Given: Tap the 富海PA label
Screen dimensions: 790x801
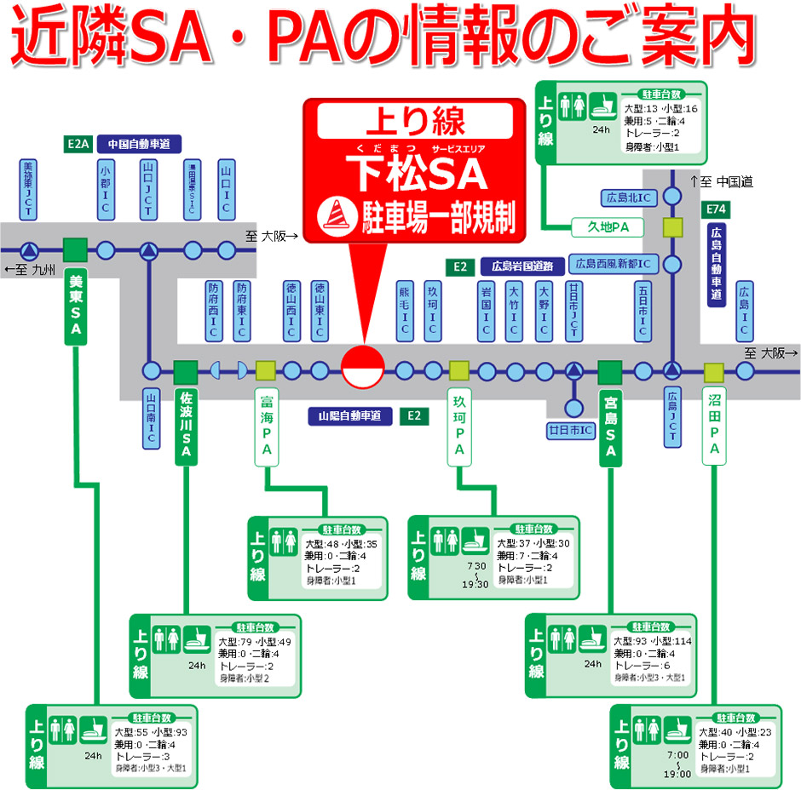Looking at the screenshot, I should pyautogui.click(x=267, y=426).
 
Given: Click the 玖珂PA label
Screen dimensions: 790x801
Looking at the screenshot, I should pyautogui.click(x=459, y=426).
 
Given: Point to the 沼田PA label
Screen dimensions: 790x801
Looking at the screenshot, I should pyautogui.click(x=714, y=426).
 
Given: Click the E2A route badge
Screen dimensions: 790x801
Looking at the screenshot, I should pyautogui.click(x=78, y=144).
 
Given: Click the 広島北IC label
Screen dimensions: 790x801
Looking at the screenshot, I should pyautogui.click(x=627, y=197).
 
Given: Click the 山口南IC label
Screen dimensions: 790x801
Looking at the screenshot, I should pyautogui.click(x=150, y=418).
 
